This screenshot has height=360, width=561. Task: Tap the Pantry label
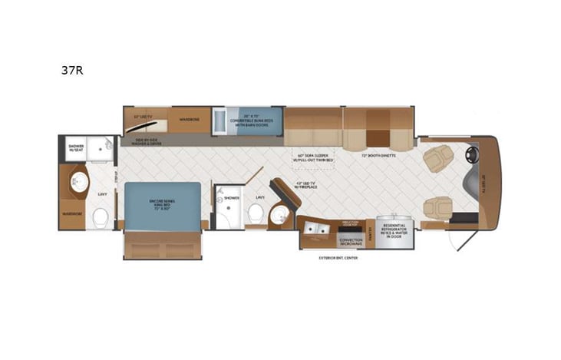[x=369, y=231]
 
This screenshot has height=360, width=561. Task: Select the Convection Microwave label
[x=345, y=242]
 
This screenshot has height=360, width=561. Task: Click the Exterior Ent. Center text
[x=338, y=258]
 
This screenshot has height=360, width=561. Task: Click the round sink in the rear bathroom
[x=78, y=181]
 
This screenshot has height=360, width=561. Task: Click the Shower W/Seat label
[x=75, y=147]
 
